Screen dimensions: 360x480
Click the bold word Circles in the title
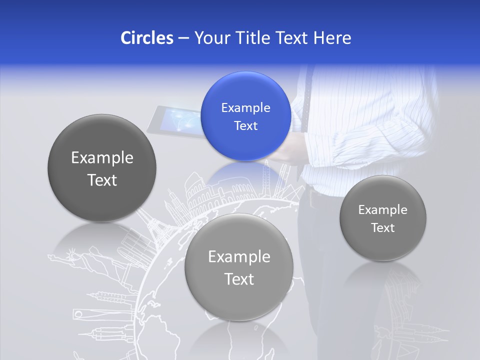147,38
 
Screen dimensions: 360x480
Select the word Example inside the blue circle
245,108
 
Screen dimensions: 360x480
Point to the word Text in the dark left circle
102,180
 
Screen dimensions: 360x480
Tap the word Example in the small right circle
383,210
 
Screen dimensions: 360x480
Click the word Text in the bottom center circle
239,279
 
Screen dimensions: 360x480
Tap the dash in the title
183,38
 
